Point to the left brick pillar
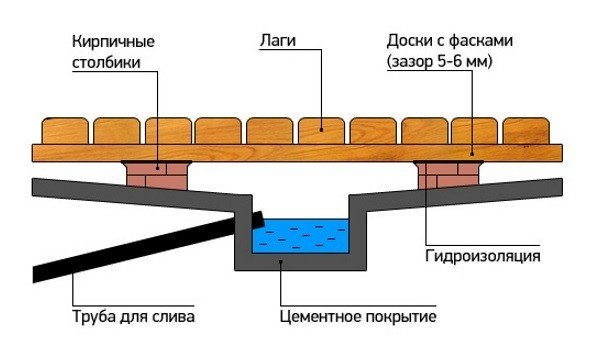point(155,175)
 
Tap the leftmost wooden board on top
point(64,130)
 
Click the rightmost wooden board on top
point(525,130)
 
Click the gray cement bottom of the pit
point(300,262)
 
